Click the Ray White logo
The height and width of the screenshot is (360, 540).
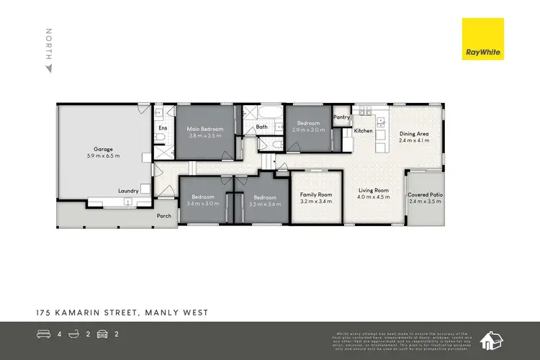click(483, 41)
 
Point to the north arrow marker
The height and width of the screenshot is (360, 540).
click(49, 69)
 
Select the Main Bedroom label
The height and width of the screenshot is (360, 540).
click(206, 130)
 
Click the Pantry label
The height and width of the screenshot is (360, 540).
click(341, 117)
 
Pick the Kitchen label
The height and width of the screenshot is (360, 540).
click(363, 131)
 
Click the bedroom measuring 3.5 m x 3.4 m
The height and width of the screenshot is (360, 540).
click(264, 198)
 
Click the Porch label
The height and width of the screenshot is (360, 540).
click(165, 215)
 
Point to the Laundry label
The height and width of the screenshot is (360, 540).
click(128, 191)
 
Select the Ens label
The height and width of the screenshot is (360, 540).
click(162, 128)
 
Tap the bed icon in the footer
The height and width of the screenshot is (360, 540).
click(44, 334)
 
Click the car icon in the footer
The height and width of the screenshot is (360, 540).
click(102, 334)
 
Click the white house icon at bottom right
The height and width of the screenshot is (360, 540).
click(493, 339)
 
